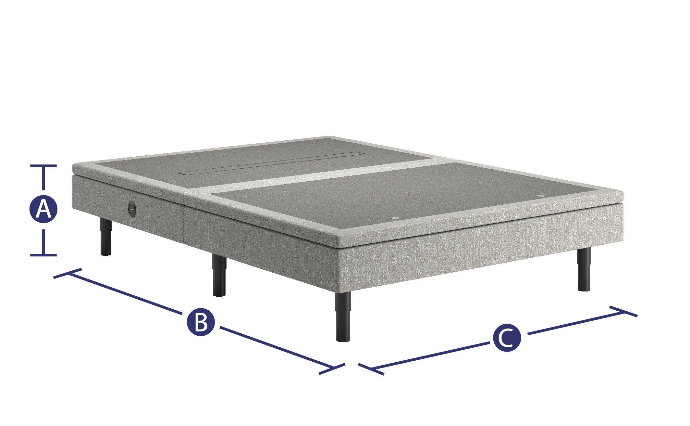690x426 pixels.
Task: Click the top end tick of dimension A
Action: tap(43, 166)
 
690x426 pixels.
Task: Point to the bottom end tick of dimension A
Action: tap(43, 255)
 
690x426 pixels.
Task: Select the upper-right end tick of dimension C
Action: tap(623, 311)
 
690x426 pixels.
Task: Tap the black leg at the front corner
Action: tap(344, 316)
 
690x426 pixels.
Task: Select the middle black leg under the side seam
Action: tap(219, 275)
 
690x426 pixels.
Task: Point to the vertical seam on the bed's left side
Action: tap(184, 219)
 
